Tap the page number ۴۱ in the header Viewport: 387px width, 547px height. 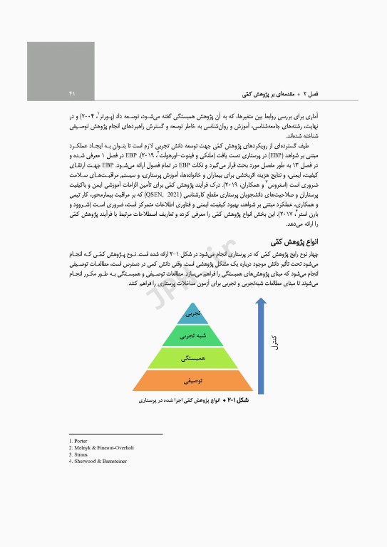[x=72, y=93]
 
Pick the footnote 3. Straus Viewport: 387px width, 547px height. [x=78, y=454]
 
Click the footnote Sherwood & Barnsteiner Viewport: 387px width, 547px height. [x=100, y=461]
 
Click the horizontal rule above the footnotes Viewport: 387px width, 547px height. [x=115, y=434]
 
